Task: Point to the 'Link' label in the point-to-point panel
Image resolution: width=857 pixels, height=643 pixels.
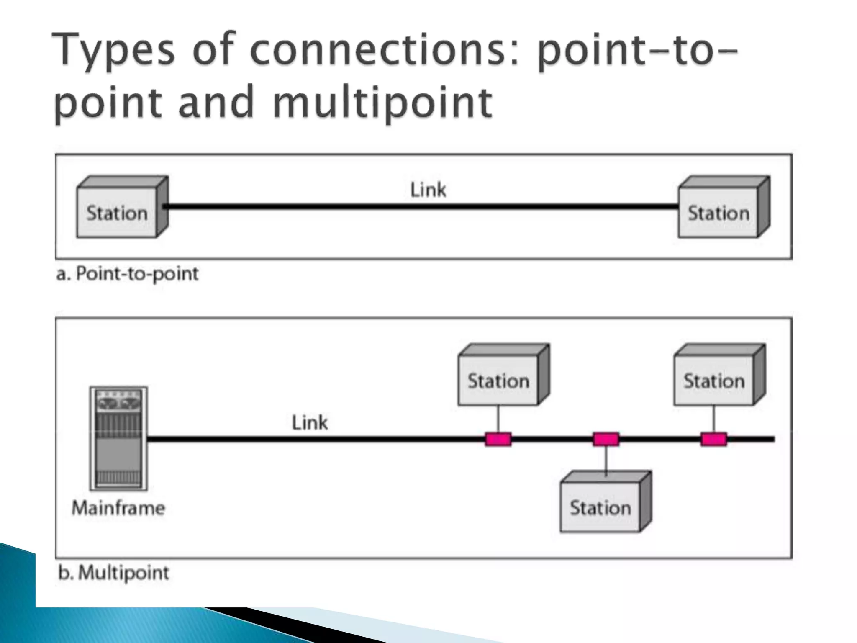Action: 428,190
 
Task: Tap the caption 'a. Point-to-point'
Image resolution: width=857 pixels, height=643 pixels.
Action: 127,274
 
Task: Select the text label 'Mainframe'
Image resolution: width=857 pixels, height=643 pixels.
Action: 118,508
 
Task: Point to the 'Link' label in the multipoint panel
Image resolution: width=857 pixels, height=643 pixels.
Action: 309,422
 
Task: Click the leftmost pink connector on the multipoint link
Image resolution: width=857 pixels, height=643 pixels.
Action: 498,439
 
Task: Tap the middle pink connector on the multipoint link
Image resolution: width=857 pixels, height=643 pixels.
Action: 606,439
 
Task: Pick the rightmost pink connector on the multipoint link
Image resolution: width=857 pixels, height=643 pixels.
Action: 713,439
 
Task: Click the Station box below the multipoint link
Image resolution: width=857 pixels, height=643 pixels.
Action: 600,507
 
